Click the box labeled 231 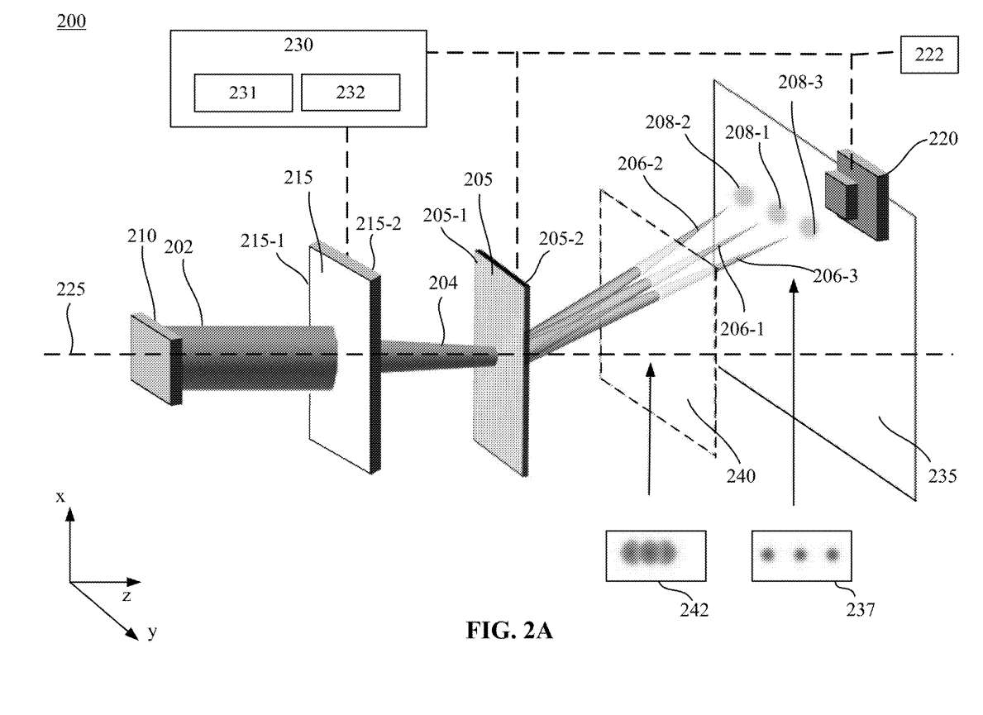point(243,93)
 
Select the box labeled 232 point(351,93)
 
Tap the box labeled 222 point(929,55)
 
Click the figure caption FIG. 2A point(509,630)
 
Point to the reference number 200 point(71,21)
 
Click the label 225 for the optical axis point(70,289)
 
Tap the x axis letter point(60,497)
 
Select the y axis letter point(152,632)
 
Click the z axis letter point(126,596)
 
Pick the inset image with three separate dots point(801,555)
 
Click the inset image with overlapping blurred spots point(656,555)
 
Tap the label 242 point(694,609)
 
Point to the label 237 point(860,608)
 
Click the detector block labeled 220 point(857,195)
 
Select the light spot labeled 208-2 point(743,196)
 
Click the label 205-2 point(561,239)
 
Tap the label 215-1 point(263,241)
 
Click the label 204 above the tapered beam point(443,284)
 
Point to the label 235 point(942,476)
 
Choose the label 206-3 point(835,276)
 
